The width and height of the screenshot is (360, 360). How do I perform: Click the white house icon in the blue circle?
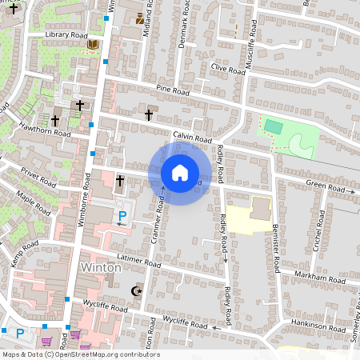[180, 172]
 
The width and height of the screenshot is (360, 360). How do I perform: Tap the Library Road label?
[66, 35]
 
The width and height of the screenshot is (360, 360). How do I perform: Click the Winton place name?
[101, 267]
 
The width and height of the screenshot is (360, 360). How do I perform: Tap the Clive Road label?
[227, 69]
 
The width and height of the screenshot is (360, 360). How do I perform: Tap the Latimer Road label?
[139, 261]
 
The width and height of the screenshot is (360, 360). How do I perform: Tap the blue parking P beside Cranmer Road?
[122, 215]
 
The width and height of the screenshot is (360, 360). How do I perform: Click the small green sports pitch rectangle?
[273, 126]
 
